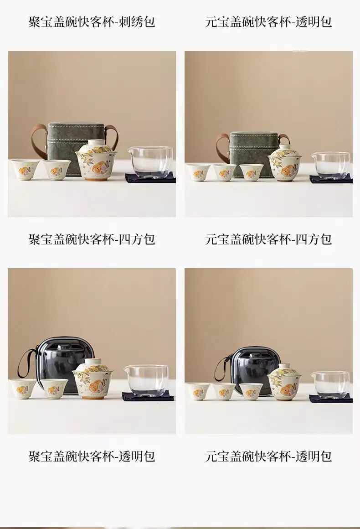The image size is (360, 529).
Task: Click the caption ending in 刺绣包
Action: click(92, 22)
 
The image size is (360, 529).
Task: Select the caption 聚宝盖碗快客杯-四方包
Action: click(92, 239)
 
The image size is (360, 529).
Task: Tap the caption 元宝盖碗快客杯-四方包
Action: click(268, 239)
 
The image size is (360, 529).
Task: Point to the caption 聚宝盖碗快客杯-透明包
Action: click(92, 456)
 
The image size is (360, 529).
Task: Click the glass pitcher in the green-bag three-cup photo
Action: click(330, 164)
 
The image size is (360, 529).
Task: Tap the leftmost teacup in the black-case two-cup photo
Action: click(22, 389)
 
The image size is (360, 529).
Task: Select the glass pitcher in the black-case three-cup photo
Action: click(330, 383)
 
